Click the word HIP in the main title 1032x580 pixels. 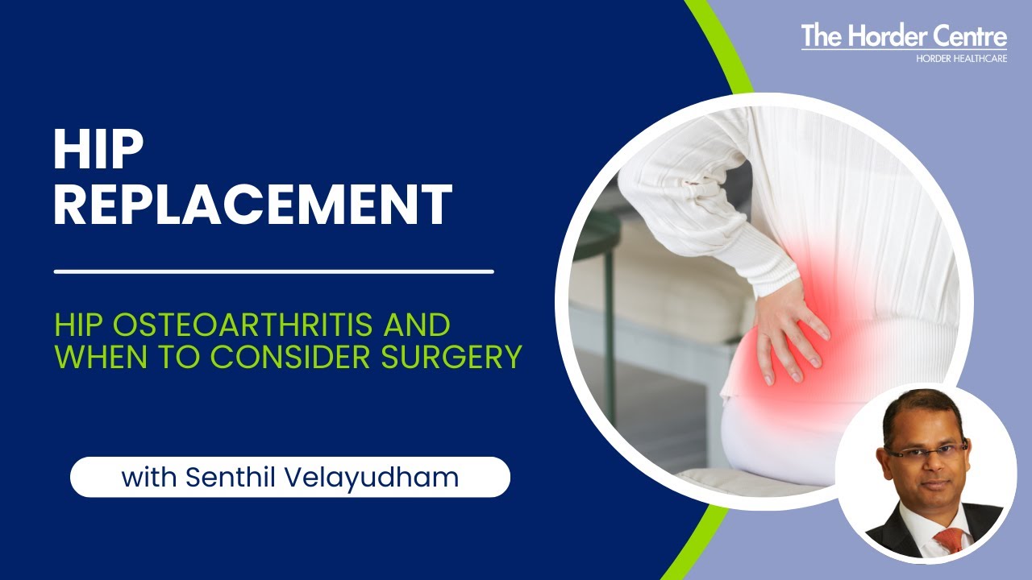[x=98, y=151]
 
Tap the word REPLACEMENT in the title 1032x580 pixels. [x=252, y=205]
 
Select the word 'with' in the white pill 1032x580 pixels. [x=149, y=477]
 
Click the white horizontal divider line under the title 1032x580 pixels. [x=273, y=271]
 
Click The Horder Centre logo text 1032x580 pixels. [x=903, y=37]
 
